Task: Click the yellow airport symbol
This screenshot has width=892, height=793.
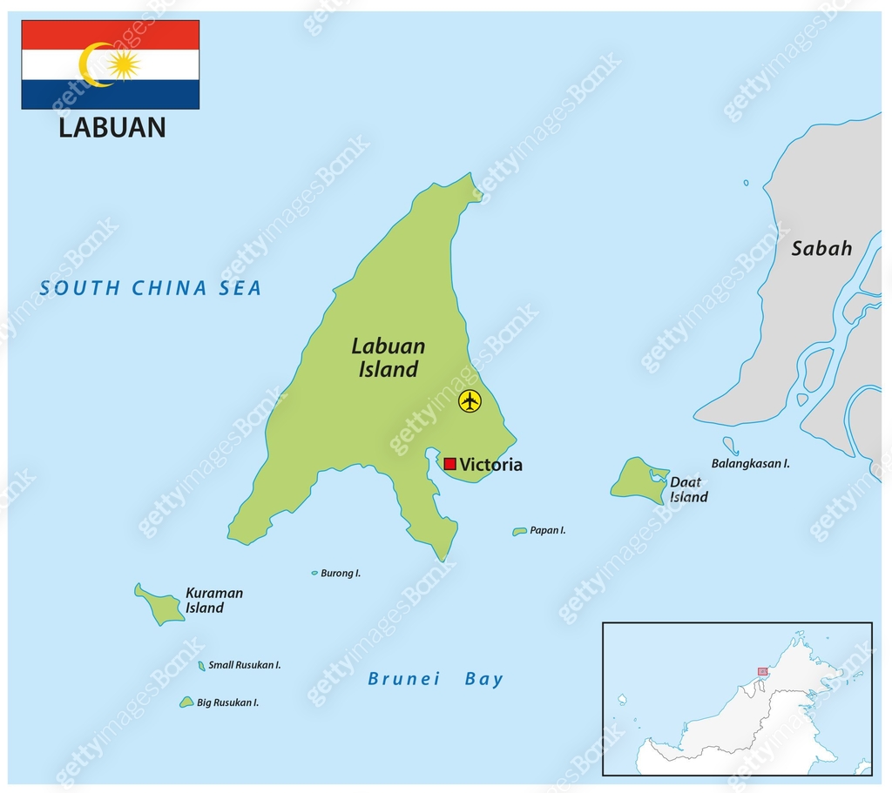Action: (470, 401)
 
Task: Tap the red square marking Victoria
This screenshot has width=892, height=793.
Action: (450, 464)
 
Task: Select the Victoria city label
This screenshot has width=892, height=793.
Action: (491, 465)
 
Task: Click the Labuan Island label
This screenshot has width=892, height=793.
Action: (389, 358)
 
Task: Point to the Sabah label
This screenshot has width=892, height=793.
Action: (821, 249)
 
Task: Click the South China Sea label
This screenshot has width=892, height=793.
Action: (151, 288)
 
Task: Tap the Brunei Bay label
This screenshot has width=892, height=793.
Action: (436, 680)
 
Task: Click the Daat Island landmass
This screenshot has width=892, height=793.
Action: (639, 481)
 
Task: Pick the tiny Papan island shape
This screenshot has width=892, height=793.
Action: (520, 531)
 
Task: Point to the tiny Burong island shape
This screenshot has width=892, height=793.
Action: (314, 573)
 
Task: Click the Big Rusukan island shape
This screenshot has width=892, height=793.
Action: (186, 702)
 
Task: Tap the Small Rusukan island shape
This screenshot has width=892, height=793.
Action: (202, 666)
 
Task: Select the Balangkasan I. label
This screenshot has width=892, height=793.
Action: (750, 464)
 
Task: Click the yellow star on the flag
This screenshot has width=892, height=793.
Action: (125, 64)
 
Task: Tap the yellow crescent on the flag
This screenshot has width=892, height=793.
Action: (90, 65)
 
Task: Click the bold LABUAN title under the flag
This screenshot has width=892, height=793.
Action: (111, 128)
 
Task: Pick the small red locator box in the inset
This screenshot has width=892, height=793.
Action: (763, 672)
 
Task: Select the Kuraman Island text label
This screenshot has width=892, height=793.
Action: (213, 601)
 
